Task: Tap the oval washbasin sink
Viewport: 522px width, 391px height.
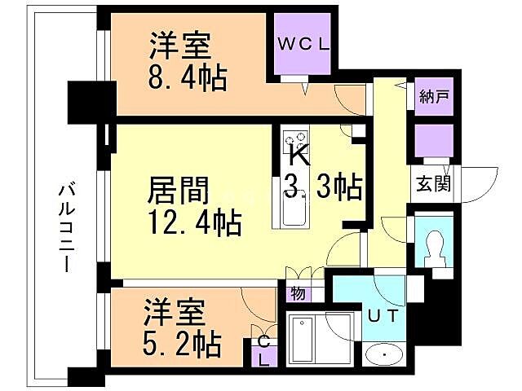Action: click(x=382, y=355)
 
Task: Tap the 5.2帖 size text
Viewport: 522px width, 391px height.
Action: click(x=183, y=345)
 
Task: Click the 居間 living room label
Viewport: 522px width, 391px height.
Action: click(x=179, y=192)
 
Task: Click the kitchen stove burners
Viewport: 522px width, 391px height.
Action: click(x=294, y=138)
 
